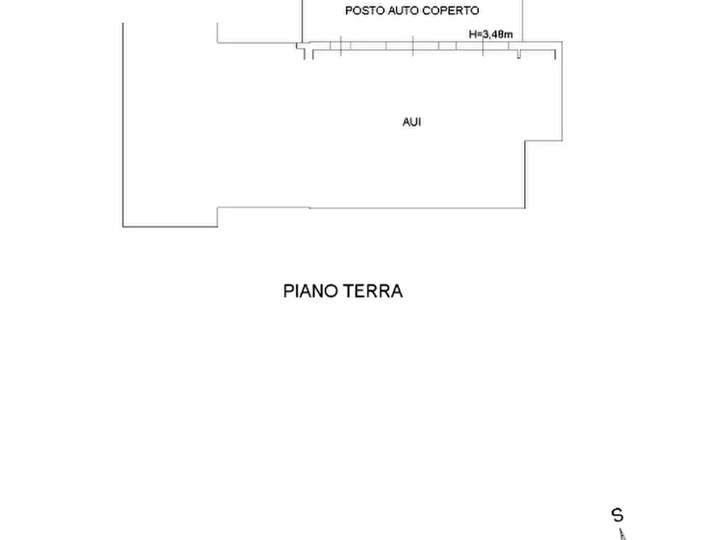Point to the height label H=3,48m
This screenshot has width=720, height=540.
490,35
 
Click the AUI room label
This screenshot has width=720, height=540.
411,123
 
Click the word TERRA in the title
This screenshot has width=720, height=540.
373,291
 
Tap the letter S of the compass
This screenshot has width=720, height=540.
618,515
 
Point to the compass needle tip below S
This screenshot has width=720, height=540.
621,532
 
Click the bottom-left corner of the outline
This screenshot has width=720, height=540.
123,226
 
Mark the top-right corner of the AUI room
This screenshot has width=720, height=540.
561,43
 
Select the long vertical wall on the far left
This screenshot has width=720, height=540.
123,121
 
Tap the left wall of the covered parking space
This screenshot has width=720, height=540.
302,20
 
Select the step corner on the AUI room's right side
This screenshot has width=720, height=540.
526,141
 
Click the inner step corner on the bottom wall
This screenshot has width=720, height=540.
218,208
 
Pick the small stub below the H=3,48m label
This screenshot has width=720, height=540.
519,54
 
